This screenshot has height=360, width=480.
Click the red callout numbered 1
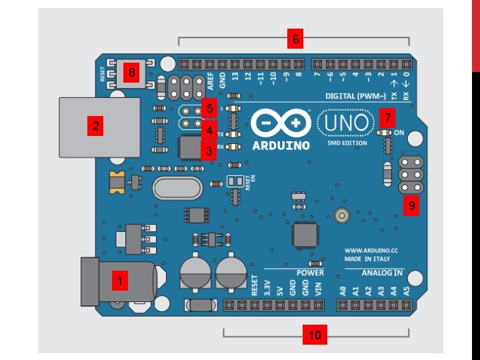pos(120,282)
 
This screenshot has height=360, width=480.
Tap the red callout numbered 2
pos(96,125)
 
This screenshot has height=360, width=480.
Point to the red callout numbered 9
pos(412,206)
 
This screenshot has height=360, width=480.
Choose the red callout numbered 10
pos(313,335)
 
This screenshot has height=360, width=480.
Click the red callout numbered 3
pos(209,151)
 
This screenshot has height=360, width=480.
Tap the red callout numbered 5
pos(209,107)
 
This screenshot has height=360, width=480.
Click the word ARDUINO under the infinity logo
pos(283,145)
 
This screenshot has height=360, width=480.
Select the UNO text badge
pos(345,123)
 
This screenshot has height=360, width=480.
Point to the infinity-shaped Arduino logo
pos(282,123)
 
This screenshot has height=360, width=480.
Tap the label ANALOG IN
pos(383,273)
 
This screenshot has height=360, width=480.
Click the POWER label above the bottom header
pos(310,273)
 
